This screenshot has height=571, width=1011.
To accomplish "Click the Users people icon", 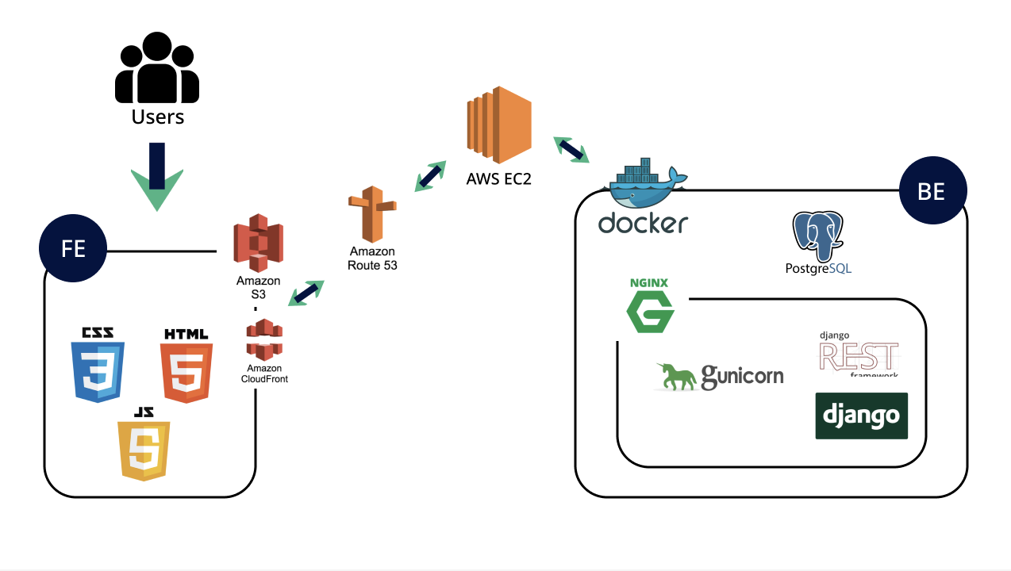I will [157, 70].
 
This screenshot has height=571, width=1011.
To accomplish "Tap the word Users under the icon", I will [157, 117].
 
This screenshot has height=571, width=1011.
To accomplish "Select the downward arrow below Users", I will [157, 176].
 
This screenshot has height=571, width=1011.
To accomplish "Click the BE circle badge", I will [933, 192].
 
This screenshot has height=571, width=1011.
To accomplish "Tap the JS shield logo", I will [144, 444].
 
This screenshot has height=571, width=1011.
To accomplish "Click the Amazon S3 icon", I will [258, 243].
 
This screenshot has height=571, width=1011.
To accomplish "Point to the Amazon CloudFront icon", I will [264, 339].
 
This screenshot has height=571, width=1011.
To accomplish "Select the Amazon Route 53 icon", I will [371, 214].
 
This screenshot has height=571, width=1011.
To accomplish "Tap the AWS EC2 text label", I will [498, 179].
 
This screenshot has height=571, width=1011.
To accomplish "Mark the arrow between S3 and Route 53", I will [306, 293].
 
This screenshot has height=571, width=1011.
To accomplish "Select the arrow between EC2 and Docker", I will [571, 149].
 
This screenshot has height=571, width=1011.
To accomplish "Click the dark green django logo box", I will [861, 416].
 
